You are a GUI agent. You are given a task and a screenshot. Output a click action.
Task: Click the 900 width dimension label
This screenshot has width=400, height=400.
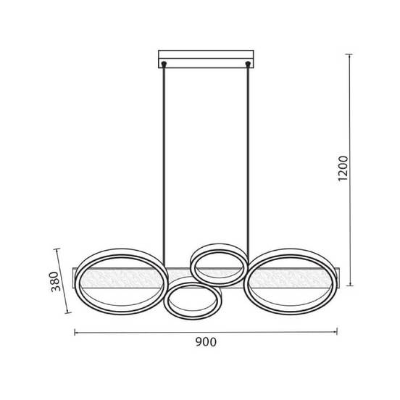(206, 342)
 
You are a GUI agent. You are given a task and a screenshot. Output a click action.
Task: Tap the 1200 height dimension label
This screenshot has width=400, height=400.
(343, 168)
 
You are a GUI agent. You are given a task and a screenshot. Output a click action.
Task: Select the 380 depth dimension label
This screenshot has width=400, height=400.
(55, 281)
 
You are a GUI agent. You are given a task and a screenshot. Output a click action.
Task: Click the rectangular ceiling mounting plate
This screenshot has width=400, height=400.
(206, 59)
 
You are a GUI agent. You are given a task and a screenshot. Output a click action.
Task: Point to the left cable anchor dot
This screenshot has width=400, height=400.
(164, 63)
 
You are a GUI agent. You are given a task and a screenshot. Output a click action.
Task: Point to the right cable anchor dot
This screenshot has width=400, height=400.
(247, 63)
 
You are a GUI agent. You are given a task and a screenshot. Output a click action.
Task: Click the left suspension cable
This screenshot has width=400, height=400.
(164, 166)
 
